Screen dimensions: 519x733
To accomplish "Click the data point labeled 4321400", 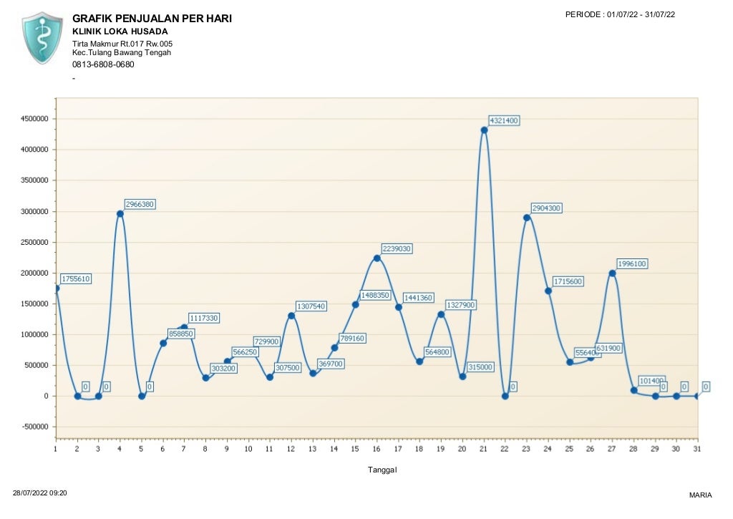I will tap(484, 130).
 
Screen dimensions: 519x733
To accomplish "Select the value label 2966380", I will tap(139, 204).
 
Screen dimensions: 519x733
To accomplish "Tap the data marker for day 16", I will tap(377, 258).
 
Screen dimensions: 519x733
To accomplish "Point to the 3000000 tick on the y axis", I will tap(34, 212).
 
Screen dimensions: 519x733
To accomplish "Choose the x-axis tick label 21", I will tap(484, 449).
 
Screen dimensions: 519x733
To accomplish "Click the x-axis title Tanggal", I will tap(382, 470).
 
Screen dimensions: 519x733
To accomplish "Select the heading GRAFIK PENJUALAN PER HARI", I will tap(152, 19).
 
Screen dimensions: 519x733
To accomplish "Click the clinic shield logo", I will tap(43, 37).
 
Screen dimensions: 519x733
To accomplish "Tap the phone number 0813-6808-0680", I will tap(103, 64).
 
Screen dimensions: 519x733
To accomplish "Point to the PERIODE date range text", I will tap(620, 14).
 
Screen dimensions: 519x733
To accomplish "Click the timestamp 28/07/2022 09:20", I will tap(41, 493).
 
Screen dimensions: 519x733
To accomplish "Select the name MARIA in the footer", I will tap(700, 495).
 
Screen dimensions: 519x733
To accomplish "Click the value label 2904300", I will tap(546, 208).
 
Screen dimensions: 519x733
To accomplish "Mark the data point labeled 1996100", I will tap(612, 273).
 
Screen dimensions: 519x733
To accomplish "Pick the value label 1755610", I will tap(76, 279).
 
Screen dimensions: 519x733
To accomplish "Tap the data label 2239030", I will tap(396, 248).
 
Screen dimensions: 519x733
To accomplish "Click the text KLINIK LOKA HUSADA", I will tap(120, 31).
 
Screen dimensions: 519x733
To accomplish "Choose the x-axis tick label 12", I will tap(291, 449).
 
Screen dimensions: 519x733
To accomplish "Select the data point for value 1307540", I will tap(291, 316).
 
